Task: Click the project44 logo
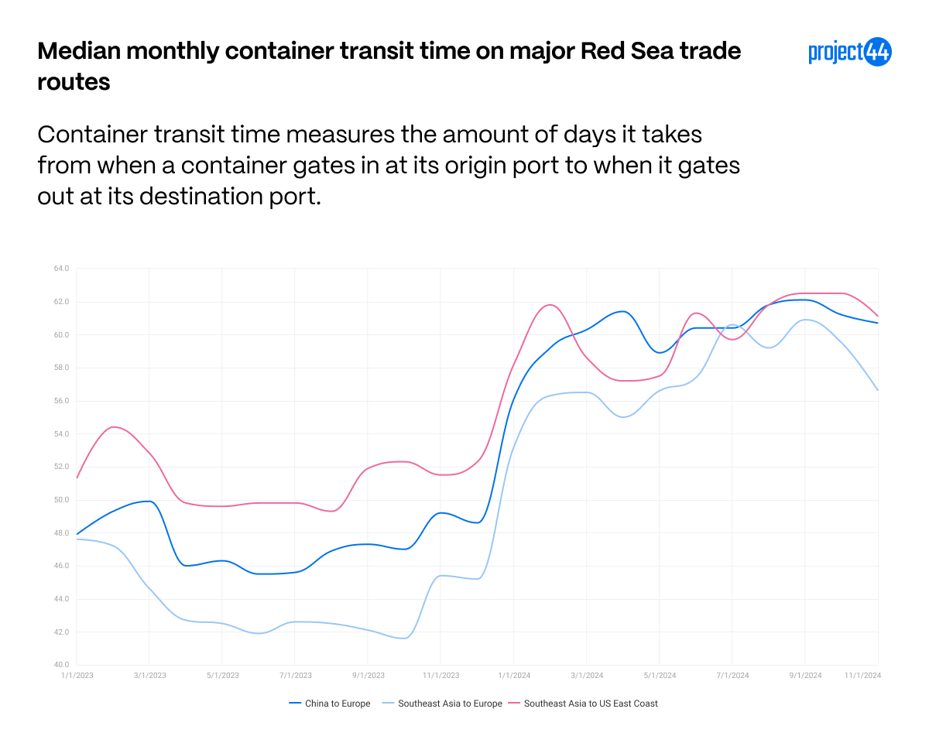tap(850, 52)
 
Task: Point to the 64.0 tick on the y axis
tap(61, 269)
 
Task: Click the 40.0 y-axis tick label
tap(61, 665)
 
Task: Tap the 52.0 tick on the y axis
tap(61, 467)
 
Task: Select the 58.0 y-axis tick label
tap(61, 368)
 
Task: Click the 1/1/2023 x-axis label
tap(77, 676)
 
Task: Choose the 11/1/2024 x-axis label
tap(862, 676)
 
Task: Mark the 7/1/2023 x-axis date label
tap(295, 676)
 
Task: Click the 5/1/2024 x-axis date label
tap(660, 676)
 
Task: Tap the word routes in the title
tap(74, 81)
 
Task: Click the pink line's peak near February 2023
tap(114, 426)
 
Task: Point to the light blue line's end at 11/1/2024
tap(878, 390)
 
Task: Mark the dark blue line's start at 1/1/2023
tap(77, 534)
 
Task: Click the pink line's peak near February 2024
tap(549, 304)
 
